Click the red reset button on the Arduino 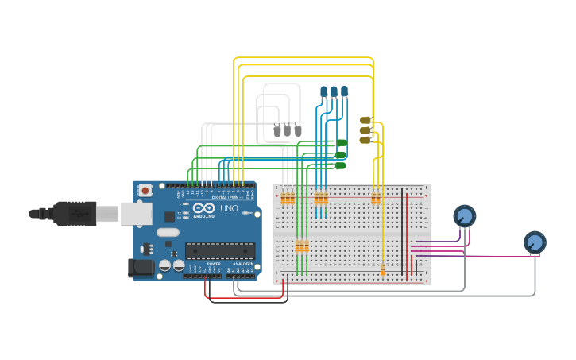pyautogui.click(x=145, y=191)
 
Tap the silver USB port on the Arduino pyautogui.click(x=136, y=213)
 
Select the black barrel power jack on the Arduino pyautogui.click(x=141, y=268)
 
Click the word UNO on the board pyautogui.click(x=229, y=208)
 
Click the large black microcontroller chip pyautogui.click(x=220, y=251)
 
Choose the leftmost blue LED pyautogui.click(x=323, y=92)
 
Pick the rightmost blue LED pyautogui.click(x=344, y=92)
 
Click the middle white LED pyautogui.click(x=288, y=130)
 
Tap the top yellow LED pyautogui.click(x=365, y=120)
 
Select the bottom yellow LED pyautogui.click(x=365, y=140)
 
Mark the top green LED pyautogui.click(x=341, y=143)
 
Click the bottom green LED pyautogui.click(x=341, y=165)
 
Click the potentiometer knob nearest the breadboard pyautogui.click(x=464, y=215)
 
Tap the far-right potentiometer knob pyautogui.click(x=535, y=242)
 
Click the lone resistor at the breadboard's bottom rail pyautogui.click(x=383, y=270)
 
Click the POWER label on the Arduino pyautogui.click(x=215, y=264)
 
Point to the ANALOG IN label pyautogui.click(x=242, y=264)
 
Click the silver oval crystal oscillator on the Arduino pyautogui.click(x=168, y=233)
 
